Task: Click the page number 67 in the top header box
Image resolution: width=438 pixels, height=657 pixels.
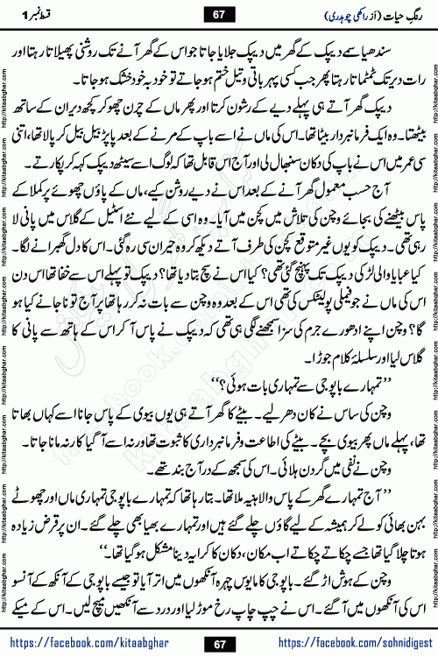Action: pyautogui.click(x=219, y=16)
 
